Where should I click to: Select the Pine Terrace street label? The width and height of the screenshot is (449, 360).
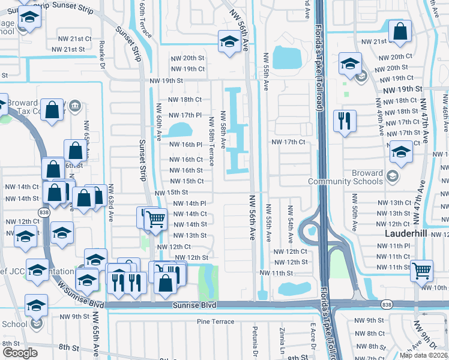pos(215,322)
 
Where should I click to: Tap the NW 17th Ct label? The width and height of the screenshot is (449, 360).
pos(289,142)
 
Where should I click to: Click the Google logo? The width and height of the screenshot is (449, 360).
pos(20,353)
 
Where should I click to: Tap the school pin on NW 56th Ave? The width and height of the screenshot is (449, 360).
pos(229,41)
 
